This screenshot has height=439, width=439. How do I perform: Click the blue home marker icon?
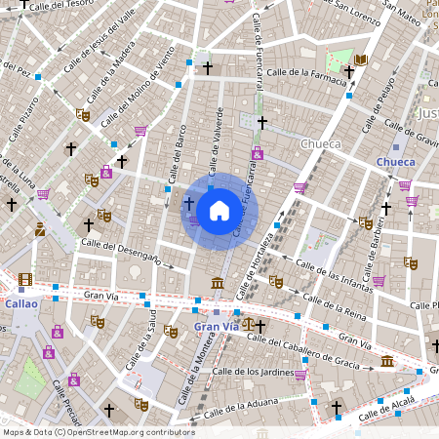219,210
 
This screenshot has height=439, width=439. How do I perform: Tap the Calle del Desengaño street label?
121,250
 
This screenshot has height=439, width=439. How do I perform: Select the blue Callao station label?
20,303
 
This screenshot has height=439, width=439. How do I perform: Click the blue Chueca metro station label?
395,162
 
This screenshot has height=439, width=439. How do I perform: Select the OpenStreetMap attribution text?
99,432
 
